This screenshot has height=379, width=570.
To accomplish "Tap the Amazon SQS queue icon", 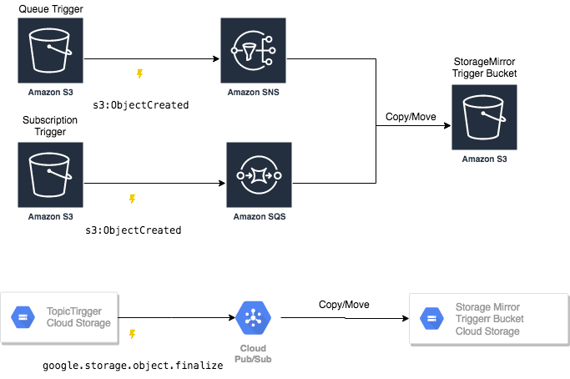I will tap(259, 175).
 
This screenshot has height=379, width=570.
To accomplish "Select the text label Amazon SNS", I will tap(254, 93).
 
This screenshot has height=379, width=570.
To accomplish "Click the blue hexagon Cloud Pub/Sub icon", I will tap(253, 318).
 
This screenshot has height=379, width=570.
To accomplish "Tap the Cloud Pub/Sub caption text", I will tap(253, 353).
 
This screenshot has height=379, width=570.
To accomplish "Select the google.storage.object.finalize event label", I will tap(134, 365).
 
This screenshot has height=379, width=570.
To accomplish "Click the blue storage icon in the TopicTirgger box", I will tap(22, 317).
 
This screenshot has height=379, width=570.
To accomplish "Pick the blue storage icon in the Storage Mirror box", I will tap(431, 318).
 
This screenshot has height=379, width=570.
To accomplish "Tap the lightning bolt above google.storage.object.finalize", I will tap(132, 335).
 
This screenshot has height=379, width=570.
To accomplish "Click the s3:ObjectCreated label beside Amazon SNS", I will tap(140, 105).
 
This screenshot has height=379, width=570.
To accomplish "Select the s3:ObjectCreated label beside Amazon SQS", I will tap(134, 229).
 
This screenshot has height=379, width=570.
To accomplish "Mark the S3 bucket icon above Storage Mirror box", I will tap(484, 117).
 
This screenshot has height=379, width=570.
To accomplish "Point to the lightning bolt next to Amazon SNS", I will tap(139, 74).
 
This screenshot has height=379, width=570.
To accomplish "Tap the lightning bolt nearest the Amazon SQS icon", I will tap(132, 200).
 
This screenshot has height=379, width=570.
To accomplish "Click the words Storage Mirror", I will tap(485, 307).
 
